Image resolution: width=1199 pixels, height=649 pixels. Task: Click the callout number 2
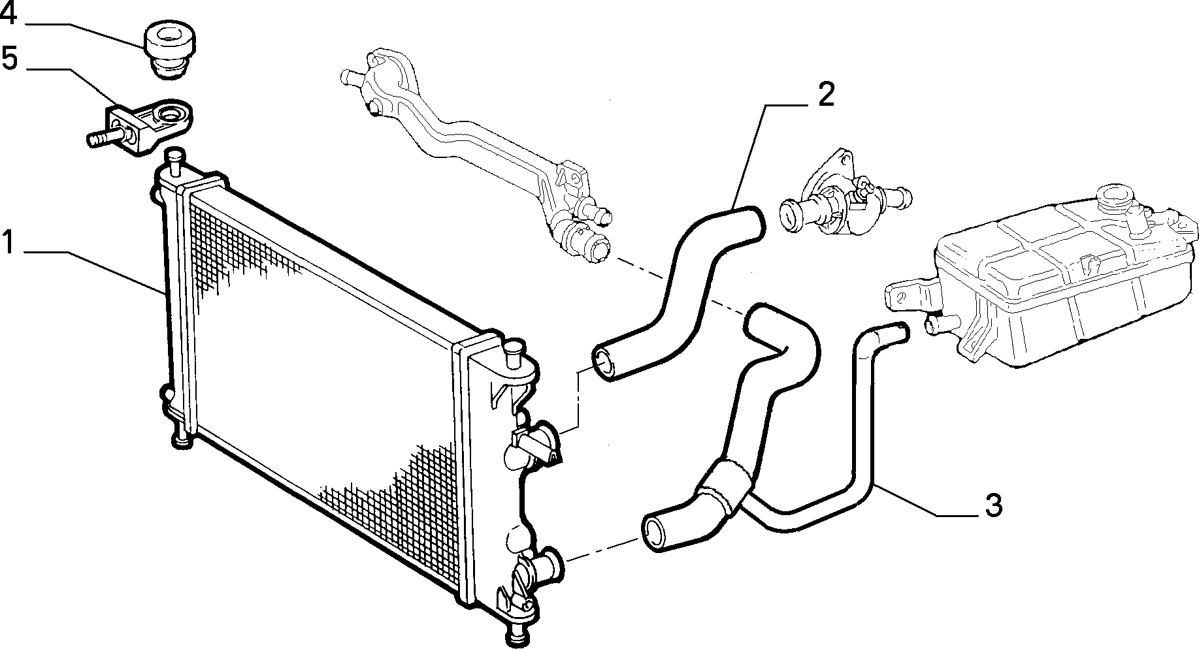point(826,96)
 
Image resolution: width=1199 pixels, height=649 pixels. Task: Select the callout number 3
point(993,505)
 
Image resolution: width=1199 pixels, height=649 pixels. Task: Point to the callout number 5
point(9,58)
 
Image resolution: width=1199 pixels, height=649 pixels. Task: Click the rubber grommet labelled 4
point(168,50)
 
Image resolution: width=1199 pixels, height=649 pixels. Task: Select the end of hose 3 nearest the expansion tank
point(898,332)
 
